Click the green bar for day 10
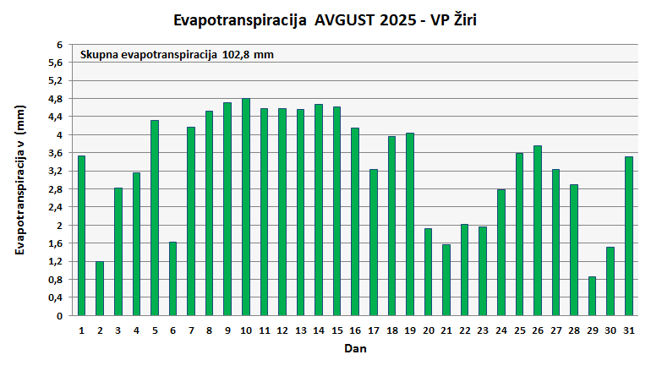point(246,207)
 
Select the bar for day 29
point(593,296)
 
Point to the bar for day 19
point(410,224)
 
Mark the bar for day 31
point(629,236)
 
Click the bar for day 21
point(446,280)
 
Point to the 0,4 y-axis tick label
point(55,297)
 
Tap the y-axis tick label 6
point(59,45)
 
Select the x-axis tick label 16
point(355,330)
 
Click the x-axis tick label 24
point(501,330)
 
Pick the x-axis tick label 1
point(81,330)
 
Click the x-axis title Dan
point(355,347)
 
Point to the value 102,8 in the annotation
point(238,55)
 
